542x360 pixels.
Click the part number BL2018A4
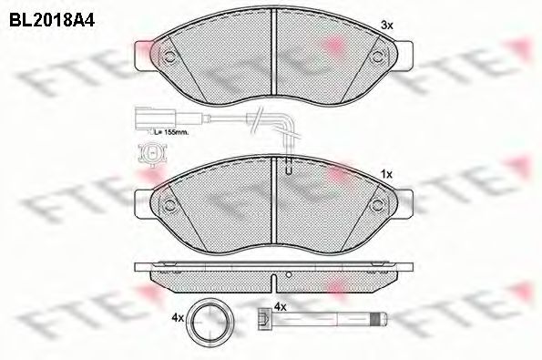[52, 20]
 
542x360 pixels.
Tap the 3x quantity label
[387, 25]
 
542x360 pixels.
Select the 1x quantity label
[387, 175]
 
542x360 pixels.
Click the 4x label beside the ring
[178, 318]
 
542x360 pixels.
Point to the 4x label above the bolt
[280, 307]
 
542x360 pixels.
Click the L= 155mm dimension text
[172, 132]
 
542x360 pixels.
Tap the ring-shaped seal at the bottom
[210, 318]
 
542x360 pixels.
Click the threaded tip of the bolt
[379, 317]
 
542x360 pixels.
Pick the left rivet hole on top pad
[169, 57]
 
